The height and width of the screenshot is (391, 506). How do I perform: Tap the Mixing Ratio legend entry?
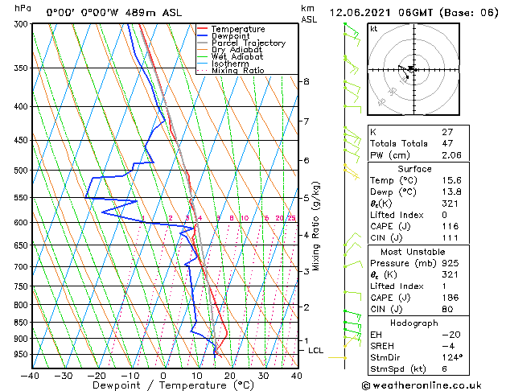pos(237,71)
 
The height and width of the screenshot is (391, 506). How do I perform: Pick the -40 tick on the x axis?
pos(30,375)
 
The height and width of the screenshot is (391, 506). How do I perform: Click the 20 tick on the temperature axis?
pos(229,375)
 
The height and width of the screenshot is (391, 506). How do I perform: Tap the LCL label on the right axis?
pos(316,351)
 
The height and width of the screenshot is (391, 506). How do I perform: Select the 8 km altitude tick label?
pos(306,82)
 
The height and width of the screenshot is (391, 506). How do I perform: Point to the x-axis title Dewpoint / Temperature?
pos(163,386)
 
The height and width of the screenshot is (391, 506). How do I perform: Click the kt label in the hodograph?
pos(373,29)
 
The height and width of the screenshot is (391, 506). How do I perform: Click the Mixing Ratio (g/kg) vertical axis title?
pos(316,226)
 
